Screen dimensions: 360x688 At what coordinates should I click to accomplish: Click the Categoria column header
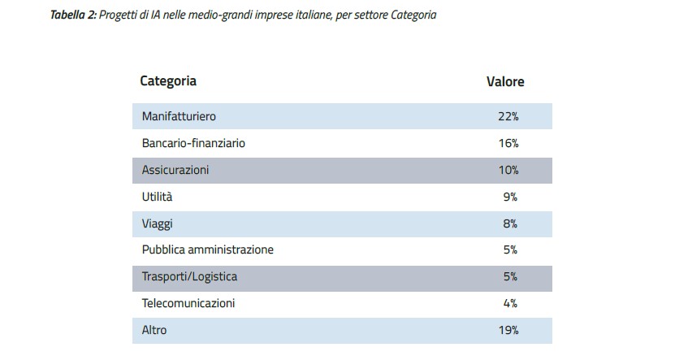(x=168, y=81)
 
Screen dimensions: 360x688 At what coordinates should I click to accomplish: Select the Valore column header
(x=505, y=82)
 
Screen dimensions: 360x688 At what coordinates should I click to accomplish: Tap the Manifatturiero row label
(x=179, y=116)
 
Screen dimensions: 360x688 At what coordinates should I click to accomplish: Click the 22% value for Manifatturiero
(x=508, y=116)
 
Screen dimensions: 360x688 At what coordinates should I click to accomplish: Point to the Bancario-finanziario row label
(x=193, y=143)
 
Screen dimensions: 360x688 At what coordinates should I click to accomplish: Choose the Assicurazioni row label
(x=175, y=170)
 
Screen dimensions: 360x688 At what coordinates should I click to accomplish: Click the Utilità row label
(x=157, y=197)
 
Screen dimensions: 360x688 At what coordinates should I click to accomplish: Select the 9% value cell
(x=510, y=197)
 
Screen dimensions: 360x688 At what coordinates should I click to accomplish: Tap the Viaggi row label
(x=157, y=223)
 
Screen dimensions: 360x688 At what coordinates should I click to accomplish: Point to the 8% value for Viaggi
(x=510, y=223)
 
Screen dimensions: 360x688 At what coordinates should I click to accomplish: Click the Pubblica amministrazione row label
(x=207, y=249)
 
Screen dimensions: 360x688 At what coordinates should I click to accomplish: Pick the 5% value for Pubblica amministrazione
(x=510, y=249)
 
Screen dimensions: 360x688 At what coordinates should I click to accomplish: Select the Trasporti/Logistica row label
(x=189, y=276)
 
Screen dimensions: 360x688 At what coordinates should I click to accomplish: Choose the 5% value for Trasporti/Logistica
(x=510, y=276)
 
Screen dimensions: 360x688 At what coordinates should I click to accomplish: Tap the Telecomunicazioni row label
(x=188, y=303)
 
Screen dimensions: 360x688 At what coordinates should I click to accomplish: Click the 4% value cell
(x=510, y=303)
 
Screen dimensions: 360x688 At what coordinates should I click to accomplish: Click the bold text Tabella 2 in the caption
(x=72, y=15)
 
